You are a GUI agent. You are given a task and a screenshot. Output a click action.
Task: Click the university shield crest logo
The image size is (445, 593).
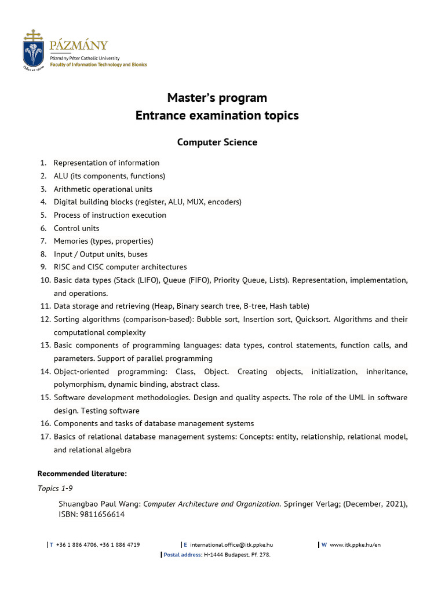33,49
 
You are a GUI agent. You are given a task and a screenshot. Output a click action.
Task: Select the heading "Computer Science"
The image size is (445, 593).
217,142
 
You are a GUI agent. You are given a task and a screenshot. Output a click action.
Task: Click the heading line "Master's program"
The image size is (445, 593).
217,97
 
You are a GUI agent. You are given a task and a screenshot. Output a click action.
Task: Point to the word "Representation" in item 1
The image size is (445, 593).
80,163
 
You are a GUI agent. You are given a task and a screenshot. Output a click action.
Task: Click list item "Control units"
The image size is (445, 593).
76,228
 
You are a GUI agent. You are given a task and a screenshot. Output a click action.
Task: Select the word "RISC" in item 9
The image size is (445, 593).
63,267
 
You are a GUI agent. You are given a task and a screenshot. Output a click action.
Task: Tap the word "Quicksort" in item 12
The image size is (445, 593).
312,319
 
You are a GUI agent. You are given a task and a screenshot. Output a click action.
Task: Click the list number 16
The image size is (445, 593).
45,424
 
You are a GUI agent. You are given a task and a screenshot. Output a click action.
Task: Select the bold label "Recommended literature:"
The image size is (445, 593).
82,474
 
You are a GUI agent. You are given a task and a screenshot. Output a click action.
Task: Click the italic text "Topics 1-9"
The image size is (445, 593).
55,488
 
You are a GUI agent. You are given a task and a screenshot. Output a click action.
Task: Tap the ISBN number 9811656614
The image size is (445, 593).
104,514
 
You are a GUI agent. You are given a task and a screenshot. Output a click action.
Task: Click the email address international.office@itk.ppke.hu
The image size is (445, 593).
231,545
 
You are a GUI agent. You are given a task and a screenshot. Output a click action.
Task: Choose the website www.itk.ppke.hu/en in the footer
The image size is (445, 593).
355,545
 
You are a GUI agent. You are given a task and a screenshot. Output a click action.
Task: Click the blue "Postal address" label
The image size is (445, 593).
183,555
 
